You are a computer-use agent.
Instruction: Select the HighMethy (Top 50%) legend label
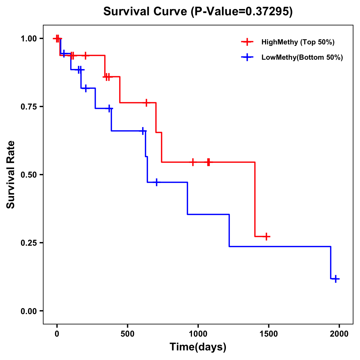tap(298, 42)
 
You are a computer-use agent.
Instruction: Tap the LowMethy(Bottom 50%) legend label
tap(302, 57)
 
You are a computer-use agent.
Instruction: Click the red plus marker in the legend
tap(247, 42)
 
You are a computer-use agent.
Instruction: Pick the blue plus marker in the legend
tap(247, 57)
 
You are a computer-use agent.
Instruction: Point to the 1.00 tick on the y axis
tap(28, 38)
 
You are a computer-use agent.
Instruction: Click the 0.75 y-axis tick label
tap(28, 106)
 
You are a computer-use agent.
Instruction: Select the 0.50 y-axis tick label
tap(28, 175)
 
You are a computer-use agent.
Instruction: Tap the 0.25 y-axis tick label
tap(28, 243)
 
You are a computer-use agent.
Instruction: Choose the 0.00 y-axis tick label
tap(28, 311)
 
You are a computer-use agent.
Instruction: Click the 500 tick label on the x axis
tap(127, 334)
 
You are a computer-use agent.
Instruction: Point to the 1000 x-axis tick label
tap(198, 334)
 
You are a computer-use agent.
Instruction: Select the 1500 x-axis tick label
tap(269, 334)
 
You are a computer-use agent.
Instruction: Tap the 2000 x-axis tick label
tap(339, 334)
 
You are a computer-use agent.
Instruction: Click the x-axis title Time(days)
tap(198, 347)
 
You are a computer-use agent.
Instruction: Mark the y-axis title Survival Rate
tap(11, 174)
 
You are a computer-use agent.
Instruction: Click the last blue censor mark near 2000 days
tap(336, 279)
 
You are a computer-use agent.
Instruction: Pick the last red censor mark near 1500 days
tap(266, 236)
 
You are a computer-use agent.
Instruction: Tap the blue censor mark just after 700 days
tap(156, 182)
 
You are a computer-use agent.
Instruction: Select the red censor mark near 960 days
tap(193, 162)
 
